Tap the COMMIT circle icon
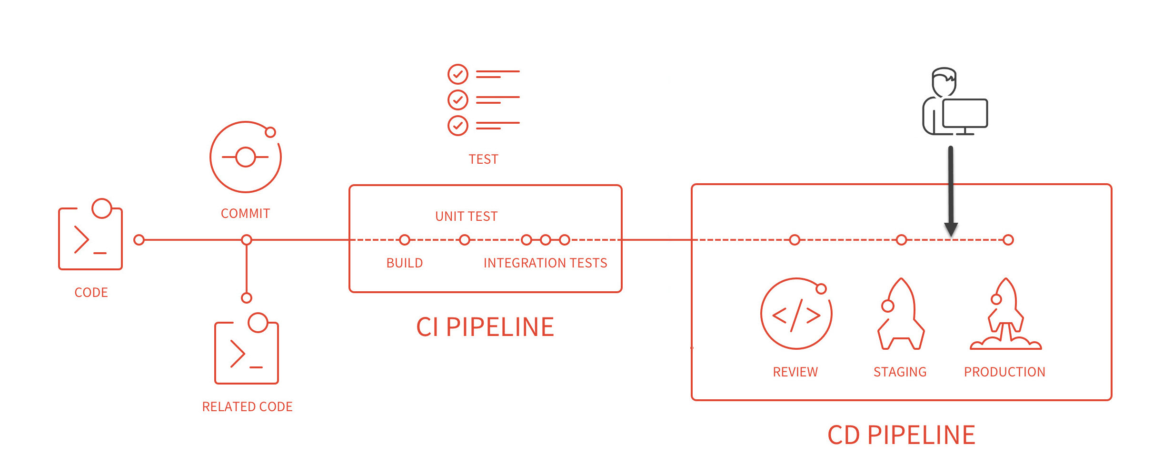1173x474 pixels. [x=246, y=157]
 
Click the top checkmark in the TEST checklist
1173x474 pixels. [x=458, y=74]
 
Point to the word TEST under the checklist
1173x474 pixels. [x=483, y=159]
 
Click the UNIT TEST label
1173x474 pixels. [x=466, y=217]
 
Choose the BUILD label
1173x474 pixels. [x=405, y=263]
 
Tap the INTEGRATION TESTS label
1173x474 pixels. [x=545, y=263]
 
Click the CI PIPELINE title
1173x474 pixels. [x=485, y=327]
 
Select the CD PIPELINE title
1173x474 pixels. [x=901, y=435]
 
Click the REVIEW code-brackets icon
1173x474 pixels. [x=796, y=314]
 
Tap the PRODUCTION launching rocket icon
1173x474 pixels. [x=1005, y=316]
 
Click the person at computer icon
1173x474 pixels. [x=954, y=102]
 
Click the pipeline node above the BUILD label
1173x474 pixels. [x=405, y=240]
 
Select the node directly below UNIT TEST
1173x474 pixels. [x=465, y=240]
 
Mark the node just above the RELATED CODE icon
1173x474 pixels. [x=247, y=298]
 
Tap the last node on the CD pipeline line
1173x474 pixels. [x=1008, y=240]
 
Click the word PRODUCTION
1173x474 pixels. [x=1004, y=372]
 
